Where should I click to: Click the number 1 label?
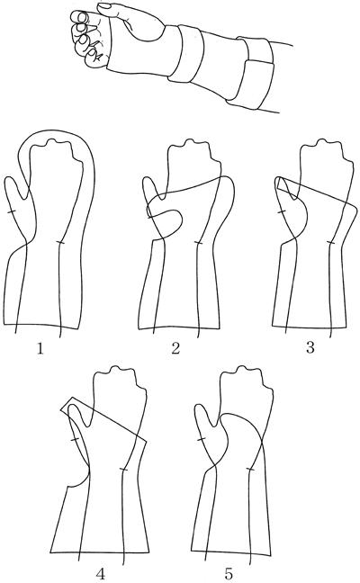[40, 348]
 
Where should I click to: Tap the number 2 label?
[175, 348]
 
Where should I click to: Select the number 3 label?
[310, 348]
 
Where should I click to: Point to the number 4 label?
[101, 574]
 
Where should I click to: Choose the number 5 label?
[229, 574]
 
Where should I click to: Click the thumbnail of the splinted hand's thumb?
[103, 5]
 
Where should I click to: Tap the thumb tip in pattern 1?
[11, 178]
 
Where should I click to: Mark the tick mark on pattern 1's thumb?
[11, 211]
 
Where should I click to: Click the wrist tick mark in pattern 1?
[60, 243]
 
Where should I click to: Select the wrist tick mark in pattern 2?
[198, 243]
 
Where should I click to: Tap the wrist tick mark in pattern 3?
[330, 243]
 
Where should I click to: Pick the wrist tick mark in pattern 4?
[123, 470]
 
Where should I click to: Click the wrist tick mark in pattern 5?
[250, 470]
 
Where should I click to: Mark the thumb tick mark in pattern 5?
[202, 439]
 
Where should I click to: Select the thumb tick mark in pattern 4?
[75, 440]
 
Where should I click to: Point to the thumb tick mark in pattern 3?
[282, 211]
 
